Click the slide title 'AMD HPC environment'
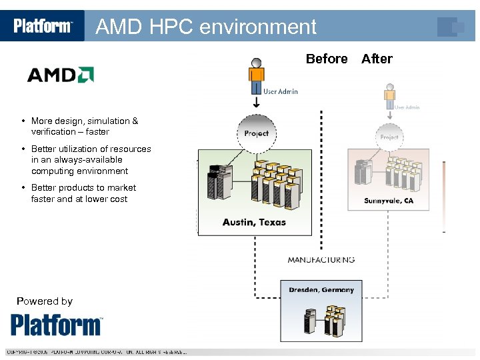(x=206, y=27)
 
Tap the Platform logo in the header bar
(x=43, y=26)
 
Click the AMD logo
(x=60, y=74)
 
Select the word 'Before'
(x=327, y=59)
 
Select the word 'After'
(x=377, y=59)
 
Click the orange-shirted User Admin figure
(x=257, y=77)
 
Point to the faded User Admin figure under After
(x=390, y=97)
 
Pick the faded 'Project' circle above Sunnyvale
(x=389, y=137)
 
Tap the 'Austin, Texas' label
(x=254, y=222)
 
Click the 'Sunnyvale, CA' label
(x=389, y=201)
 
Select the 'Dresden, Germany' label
(x=321, y=290)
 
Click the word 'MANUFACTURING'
(x=321, y=259)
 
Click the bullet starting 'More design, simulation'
(x=84, y=126)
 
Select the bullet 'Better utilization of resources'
(x=91, y=160)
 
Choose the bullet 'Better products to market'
(x=83, y=193)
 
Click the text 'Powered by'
(x=45, y=301)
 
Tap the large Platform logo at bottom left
(x=57, y=325)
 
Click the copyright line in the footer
(x=97, y=352)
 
